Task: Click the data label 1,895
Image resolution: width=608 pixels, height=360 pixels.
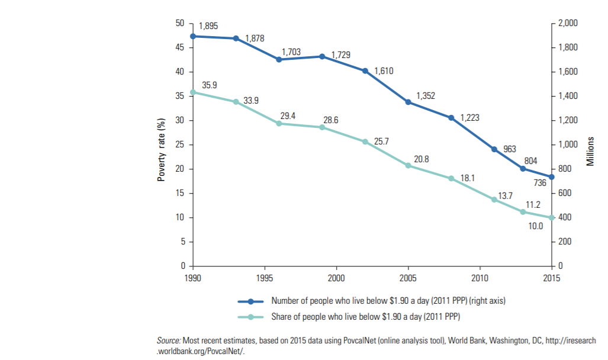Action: coord(208,26)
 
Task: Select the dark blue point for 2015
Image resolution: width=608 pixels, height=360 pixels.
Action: coord(551,177)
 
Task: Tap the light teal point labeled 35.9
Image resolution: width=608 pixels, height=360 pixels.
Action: coord(193,92)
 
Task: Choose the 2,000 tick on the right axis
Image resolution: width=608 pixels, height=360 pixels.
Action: coord(567,23)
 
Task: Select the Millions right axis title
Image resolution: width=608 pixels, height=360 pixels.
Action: coord(590,152)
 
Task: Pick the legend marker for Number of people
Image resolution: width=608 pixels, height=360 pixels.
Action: coord(250,301)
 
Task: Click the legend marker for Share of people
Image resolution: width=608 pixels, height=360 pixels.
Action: coord(250,317)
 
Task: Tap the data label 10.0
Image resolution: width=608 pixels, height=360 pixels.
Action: coord(535,227)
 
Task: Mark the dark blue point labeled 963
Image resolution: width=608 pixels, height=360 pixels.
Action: coord(494,149)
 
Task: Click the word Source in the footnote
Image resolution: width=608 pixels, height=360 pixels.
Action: coord(168,341)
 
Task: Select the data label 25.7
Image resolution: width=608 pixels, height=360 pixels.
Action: coord(382,140)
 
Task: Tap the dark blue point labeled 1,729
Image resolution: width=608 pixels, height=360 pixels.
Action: coord(322,56)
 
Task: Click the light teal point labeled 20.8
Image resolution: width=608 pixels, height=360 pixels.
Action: coord(408,165)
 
